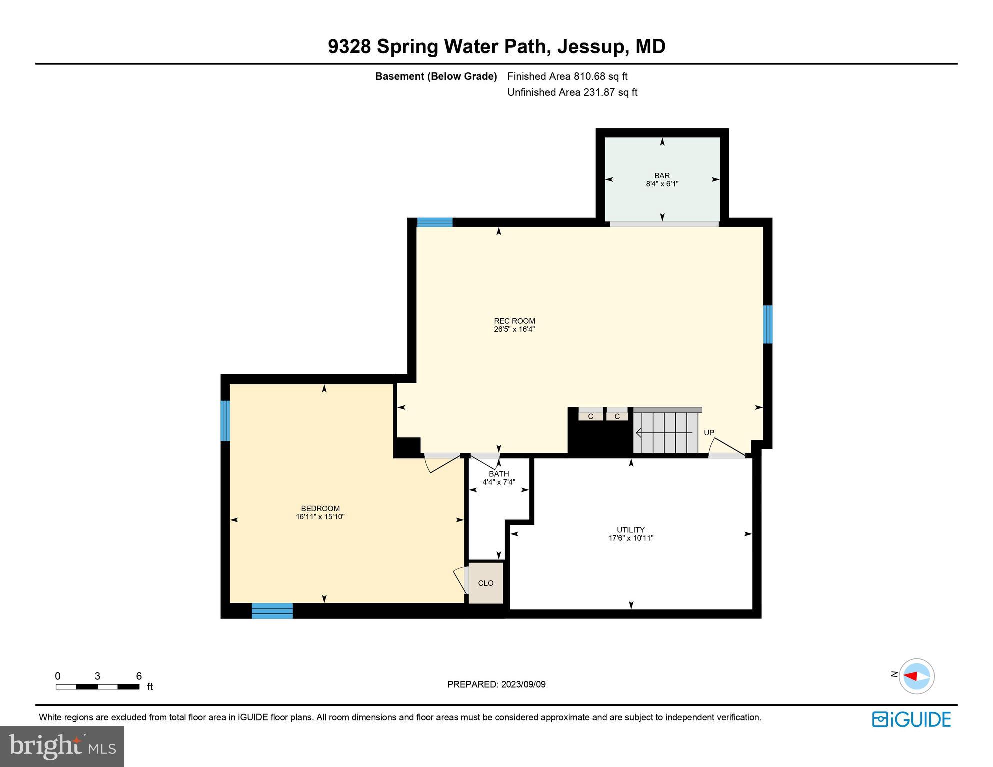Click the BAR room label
[x=662, y=175]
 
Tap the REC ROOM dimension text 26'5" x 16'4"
[x=514, y=329]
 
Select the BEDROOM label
[x=320, y=508]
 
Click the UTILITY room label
[x=630, y=530]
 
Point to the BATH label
[x=499, y=474]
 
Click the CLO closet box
[x=486, y=583]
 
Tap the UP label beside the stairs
[x=709, y=433]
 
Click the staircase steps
[x=665, y=432]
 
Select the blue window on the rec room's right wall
[x=768, y=324]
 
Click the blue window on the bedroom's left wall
[x=225, y=420]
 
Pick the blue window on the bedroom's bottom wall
[x=272, y=611]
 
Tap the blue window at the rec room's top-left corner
[x=435, y=222]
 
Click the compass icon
[x=916, y=676]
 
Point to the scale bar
[x=97, y=687]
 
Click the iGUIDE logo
[x=911, y=719]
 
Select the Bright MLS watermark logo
[x=62, y=747]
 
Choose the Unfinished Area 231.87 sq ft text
[x=572, y=92]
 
